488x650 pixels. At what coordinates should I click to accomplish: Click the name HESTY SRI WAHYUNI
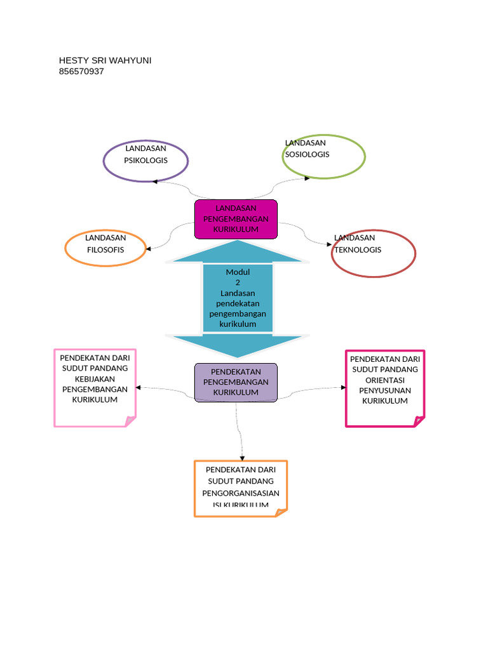105,60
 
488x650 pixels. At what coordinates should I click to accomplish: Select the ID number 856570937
81,72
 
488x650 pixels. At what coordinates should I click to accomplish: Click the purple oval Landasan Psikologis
146,161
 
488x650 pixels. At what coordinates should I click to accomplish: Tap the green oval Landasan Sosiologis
323,156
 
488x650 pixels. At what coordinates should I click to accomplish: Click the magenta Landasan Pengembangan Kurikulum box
236,219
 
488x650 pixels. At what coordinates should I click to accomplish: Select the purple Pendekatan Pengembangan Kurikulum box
236,382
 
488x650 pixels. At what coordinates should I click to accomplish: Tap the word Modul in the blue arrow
238,272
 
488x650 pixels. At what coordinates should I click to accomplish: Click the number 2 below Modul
238,282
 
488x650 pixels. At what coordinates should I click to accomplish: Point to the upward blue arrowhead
237,251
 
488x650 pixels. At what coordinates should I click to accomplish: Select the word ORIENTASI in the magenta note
384,380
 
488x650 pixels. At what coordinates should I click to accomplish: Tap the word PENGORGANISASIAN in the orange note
241,493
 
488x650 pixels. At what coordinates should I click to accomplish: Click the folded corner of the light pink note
130,421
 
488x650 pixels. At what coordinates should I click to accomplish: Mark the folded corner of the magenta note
419,421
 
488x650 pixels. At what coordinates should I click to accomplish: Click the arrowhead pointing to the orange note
241,458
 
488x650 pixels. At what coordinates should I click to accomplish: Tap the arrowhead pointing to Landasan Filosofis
149,248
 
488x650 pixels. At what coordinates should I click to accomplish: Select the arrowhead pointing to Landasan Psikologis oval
154,182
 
